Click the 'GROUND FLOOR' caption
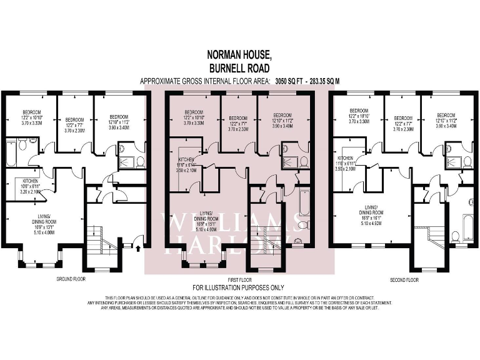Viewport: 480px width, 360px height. (71, 279)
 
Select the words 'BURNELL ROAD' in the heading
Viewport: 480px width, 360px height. (240, 69)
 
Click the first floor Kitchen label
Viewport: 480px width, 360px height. (187, 163)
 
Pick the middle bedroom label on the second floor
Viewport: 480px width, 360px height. (402, 121)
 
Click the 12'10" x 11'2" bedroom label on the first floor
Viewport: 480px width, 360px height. (282, 119)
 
